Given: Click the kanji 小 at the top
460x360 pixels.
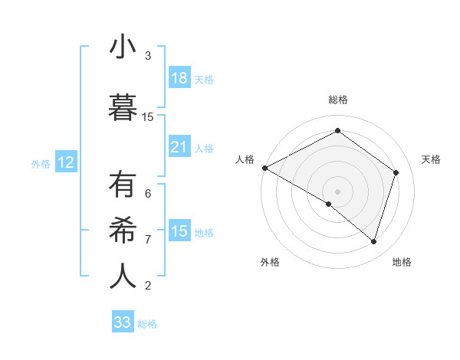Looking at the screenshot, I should (123, 47).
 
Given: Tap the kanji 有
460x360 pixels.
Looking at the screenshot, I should (123, 186).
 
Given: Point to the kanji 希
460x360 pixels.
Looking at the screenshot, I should (123, 229).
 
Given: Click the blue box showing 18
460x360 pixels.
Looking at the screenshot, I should (179, 78).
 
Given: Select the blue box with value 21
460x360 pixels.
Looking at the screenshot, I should (179, 147).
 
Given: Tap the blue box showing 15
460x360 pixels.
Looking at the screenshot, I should (179, 231).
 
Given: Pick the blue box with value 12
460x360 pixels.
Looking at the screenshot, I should (66, 162).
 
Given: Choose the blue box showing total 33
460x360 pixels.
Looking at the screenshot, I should (123, 322).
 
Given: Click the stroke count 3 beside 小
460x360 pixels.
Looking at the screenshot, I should (148, 56).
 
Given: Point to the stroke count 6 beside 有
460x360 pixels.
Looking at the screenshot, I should (148, 194).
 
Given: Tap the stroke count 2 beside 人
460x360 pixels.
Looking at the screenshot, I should (148, 286).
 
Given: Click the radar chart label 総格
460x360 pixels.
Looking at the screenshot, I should (338, 100).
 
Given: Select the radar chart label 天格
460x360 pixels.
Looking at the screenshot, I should (432, 159).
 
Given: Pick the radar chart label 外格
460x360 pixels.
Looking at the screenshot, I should (270, 262).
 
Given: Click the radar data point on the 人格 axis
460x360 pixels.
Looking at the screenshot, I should (264, 168).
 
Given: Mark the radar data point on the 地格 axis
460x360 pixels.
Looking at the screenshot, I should (373, 242).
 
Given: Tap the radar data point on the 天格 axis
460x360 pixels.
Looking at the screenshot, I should (396, 172).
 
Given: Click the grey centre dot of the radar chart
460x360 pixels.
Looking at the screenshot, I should (337, 191).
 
